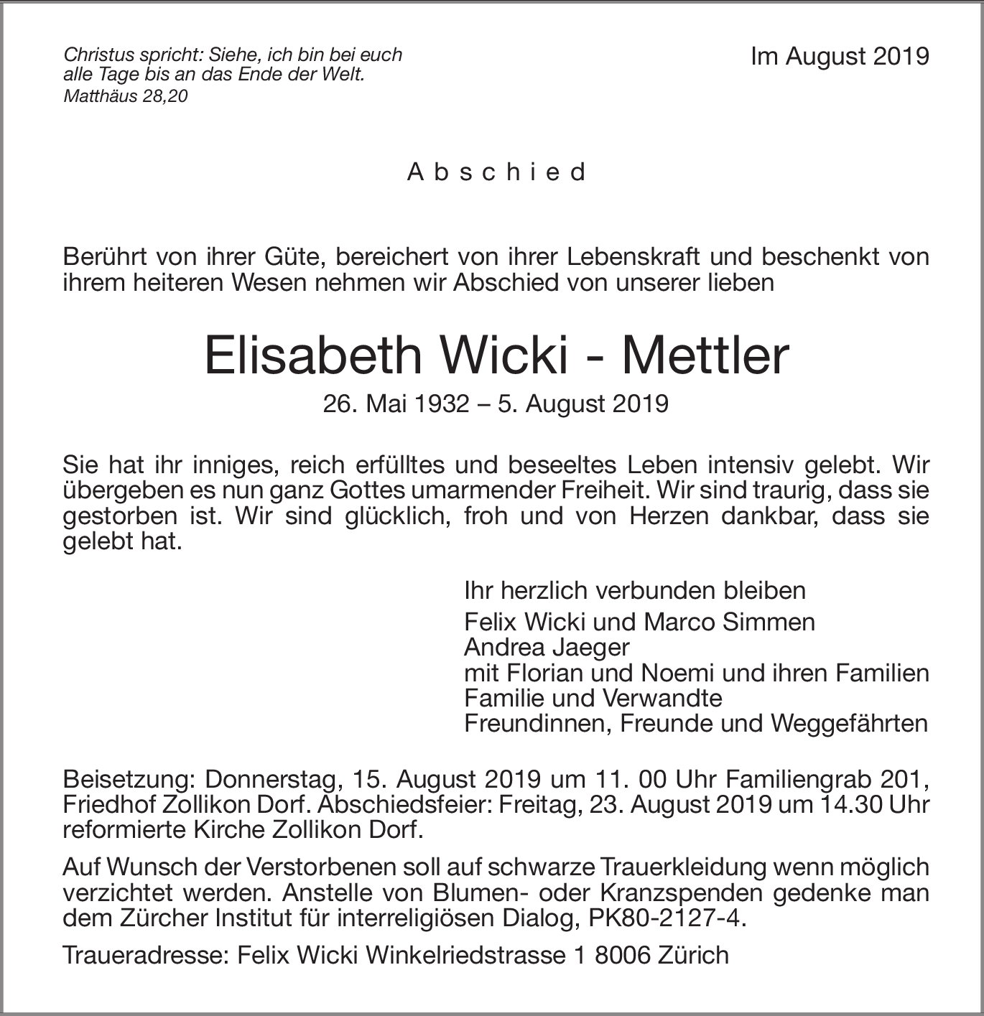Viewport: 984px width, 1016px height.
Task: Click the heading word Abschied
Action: (x=497, y=172)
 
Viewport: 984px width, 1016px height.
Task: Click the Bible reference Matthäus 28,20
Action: (x=126, y=95)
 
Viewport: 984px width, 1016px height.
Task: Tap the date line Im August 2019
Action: (x=840, y=57)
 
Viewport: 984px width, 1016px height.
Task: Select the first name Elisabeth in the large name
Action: (x=313, y=356)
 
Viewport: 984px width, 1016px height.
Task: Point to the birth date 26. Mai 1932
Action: (x=395, y=404)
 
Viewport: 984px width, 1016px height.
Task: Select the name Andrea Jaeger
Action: (x=547, y=647)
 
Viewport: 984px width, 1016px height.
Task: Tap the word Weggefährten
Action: (x=849, y=723)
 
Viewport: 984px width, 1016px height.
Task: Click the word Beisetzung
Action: (x=130, y=779)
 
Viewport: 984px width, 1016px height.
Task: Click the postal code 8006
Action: (x=614, y=955)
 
